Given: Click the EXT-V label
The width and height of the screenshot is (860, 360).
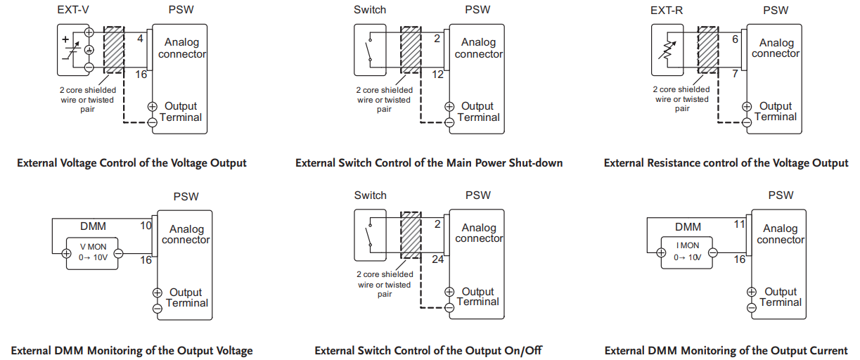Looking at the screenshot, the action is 73,10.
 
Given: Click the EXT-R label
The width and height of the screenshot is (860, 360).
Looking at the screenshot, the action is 667,11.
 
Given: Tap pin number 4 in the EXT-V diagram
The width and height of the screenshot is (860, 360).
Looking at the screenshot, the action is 140,39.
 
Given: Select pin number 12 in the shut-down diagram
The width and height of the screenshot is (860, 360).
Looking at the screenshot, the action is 437,75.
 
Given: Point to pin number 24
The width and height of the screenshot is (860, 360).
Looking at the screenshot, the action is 437,259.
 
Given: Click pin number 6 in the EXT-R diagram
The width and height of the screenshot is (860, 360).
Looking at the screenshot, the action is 735,39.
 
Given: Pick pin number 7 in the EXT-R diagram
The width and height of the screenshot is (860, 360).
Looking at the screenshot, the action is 735,73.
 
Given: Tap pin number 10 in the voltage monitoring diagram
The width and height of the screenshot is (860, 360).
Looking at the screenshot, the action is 146,226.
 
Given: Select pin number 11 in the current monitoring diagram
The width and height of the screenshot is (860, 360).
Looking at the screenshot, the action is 740,224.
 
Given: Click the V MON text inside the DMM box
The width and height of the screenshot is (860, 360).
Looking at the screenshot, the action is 93,247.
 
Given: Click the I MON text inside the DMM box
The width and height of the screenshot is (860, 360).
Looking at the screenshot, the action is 688,245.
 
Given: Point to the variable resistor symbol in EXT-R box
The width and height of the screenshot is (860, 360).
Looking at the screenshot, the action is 667,50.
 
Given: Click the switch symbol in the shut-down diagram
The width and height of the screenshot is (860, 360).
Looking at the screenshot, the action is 369,50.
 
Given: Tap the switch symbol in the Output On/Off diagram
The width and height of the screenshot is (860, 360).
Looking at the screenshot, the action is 369,235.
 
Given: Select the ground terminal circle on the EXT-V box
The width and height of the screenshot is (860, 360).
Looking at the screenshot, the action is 89,50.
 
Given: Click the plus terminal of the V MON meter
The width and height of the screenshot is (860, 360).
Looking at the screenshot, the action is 66,253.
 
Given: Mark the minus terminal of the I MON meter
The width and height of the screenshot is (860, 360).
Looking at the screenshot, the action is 712,252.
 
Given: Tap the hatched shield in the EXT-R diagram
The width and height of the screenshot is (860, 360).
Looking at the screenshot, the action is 708,49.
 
